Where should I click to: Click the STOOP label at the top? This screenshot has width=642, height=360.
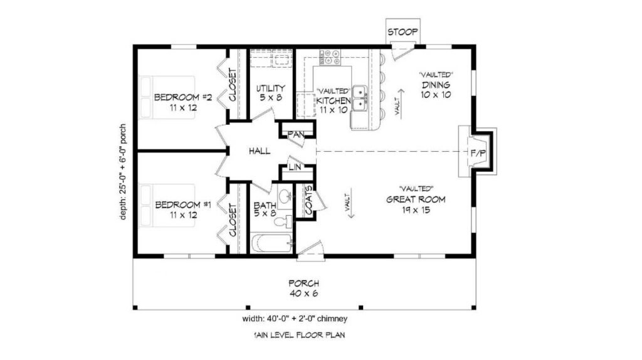coord(403,32)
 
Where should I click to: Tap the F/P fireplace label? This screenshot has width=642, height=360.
coord(478,154)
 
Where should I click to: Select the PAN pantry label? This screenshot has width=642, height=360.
coord(296,134)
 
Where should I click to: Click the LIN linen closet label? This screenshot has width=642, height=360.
coord(295,167)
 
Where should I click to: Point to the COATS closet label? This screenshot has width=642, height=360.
coord(308,200)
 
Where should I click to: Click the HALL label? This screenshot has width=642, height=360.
coord(260,151)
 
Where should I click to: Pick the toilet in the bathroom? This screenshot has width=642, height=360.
coord(283,222)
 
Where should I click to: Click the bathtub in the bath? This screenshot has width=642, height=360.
coord(272,243)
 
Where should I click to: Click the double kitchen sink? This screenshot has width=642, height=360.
coord(360,98)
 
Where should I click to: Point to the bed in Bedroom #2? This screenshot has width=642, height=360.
coord(167,97)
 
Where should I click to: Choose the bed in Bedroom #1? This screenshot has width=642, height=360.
coord(167,206)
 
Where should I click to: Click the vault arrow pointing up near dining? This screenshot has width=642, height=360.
coord(401,102)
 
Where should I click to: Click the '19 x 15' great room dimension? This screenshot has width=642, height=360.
coord(415,211)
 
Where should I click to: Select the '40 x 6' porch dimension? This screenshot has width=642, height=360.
coord(303,294)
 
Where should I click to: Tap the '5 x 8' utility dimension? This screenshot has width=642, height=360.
coord(271,98)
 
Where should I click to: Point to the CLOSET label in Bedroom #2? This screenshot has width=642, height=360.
coord(233,85)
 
